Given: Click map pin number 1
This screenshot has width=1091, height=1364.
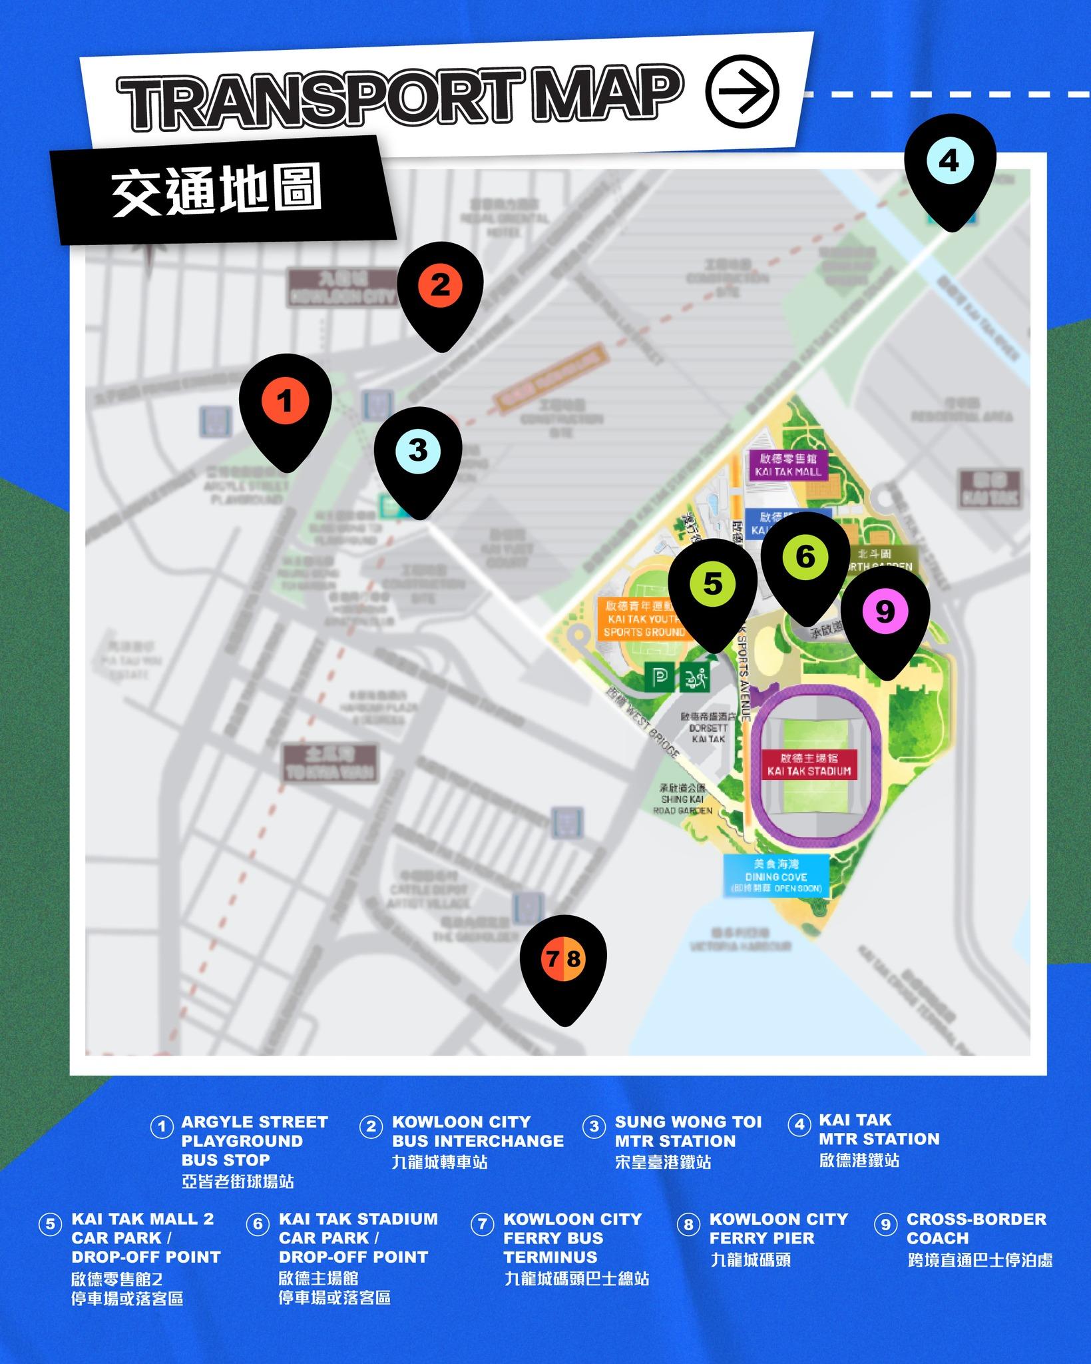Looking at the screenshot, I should [x=285, y=403].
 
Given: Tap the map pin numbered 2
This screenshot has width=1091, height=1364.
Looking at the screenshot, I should [x=440, y=287].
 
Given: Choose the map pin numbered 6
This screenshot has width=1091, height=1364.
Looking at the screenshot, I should [x=805, y=557].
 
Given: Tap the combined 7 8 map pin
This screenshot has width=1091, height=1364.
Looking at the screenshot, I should [x=564, y=960].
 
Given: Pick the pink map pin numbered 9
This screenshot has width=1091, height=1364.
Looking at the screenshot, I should [x=885, y=611].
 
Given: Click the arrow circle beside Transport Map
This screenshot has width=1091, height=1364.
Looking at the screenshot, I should [x=742, y=91].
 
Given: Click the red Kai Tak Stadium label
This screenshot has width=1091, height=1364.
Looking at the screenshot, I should [x=809, y=765].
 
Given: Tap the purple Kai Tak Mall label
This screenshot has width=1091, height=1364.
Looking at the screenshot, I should [x=788, y=465].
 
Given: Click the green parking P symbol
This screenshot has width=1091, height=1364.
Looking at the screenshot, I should [x=659, y=678].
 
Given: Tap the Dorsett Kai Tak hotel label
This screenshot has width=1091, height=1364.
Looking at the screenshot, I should [x=708, y=728].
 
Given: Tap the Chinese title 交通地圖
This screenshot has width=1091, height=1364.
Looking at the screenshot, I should [x=217, y=190].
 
